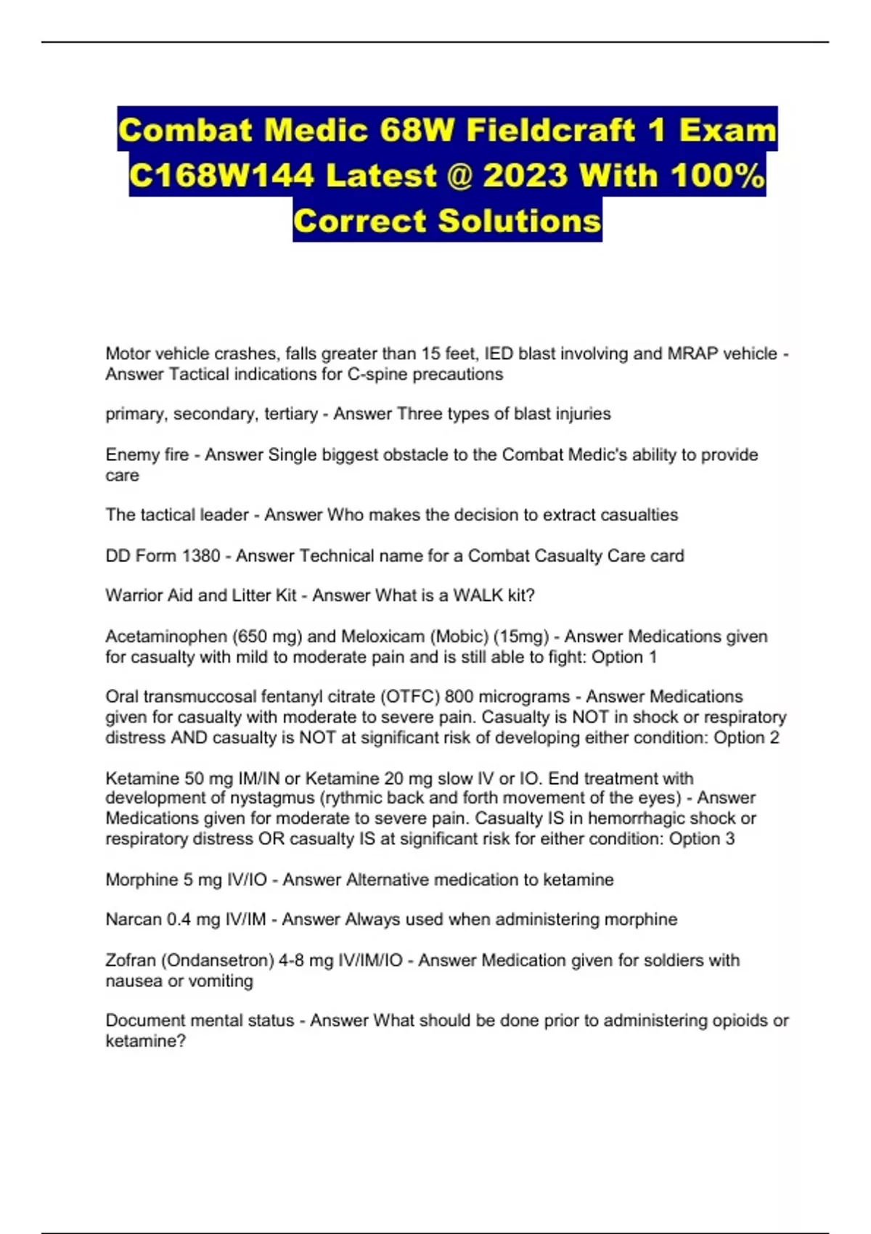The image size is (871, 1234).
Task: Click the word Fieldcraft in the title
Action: click(552, 131)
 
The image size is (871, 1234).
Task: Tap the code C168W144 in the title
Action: click(221, 176)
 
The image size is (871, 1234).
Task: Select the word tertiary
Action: click(290, 414)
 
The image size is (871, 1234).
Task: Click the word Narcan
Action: click(134, 920)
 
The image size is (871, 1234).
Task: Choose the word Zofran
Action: click(131, 960)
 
